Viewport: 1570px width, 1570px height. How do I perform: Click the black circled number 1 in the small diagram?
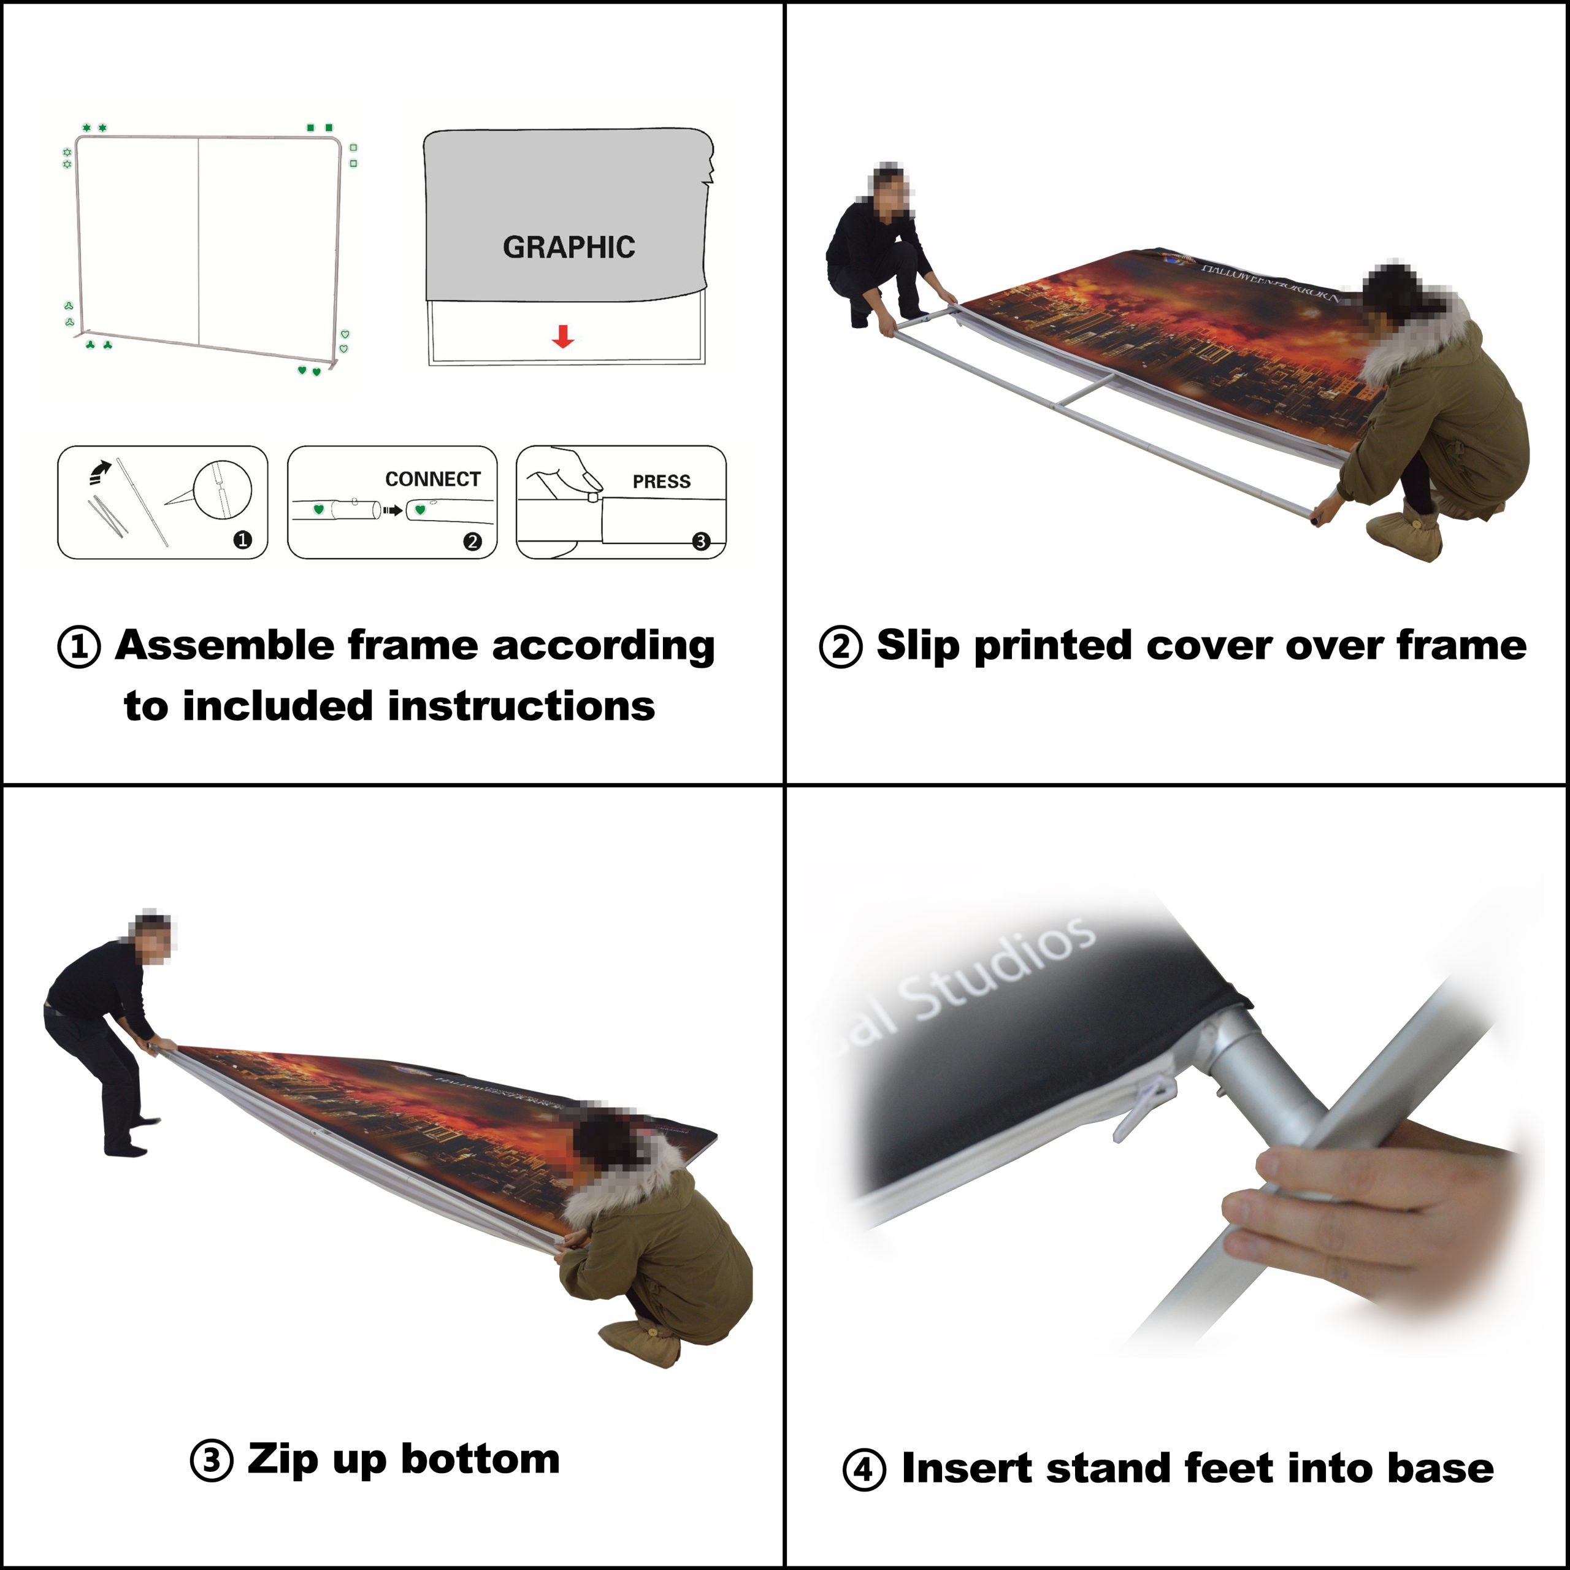coord(242,540)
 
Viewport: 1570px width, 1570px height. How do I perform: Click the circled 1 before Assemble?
coord(80,648)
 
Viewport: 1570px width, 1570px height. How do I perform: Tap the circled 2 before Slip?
coord(840,648)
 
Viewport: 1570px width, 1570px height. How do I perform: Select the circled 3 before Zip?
coord(212,1460)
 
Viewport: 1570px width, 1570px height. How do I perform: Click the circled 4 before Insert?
coord(864,1470)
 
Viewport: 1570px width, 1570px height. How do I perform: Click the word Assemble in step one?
coord(225,645)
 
